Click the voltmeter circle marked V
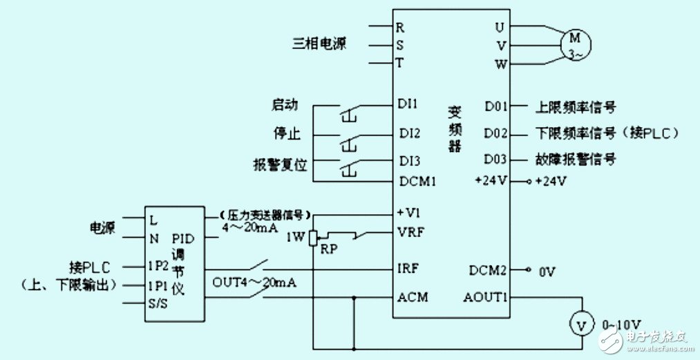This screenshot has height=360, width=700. [x=581, y=323]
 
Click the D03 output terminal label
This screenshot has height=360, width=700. [x=495, y=160]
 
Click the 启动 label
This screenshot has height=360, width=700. [x=285, y=106]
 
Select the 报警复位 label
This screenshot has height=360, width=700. [x=279, y=167]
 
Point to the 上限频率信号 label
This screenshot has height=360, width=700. [x=576, y=107]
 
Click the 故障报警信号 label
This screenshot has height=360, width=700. [x=576, y=160]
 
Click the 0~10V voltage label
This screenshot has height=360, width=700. [x=622, y=324]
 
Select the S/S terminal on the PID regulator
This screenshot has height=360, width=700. [x=158, y=304]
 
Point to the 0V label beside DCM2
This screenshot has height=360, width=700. [x=547, y=273]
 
